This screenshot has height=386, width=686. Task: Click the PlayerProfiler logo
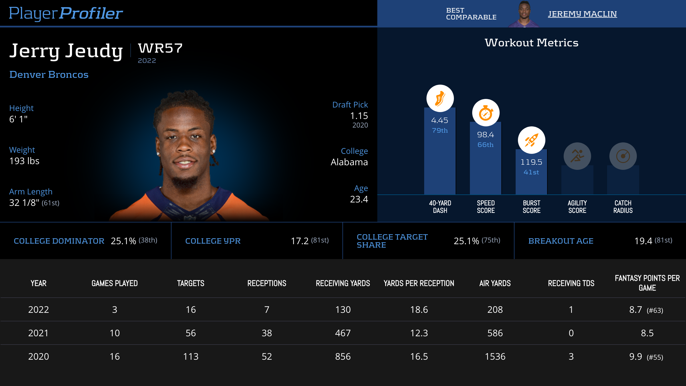click(66, 13)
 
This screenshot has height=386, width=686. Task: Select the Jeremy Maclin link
click(582, 14)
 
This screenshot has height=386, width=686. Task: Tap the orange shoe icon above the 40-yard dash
click(440, 98)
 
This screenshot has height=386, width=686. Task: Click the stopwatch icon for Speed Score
click(486, 113)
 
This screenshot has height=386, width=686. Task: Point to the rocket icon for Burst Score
click(531, 140)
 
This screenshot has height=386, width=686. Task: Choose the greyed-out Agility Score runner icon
click(577, 156)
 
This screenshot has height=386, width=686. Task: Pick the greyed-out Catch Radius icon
click(623, 156)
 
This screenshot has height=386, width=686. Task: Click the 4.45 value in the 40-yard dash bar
click(440, 120)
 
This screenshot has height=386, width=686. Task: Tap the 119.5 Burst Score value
click(531, 162)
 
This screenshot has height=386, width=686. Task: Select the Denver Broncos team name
click(49, 75)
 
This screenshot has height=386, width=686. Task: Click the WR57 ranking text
click(160, 48)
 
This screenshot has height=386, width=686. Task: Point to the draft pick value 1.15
click(359, 116)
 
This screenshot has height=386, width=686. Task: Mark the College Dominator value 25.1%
click(123, 241)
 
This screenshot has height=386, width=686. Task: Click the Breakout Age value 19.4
click(643, 241)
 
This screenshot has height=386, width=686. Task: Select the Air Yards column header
click(495, 283)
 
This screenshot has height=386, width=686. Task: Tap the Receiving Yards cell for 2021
click(343, 333)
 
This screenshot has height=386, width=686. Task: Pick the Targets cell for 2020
click(191, 357)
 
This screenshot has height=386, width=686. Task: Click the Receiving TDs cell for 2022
click(571, 310)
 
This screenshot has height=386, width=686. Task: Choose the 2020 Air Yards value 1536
click(495, 357)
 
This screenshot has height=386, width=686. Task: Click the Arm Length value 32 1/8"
click(24, 203)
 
